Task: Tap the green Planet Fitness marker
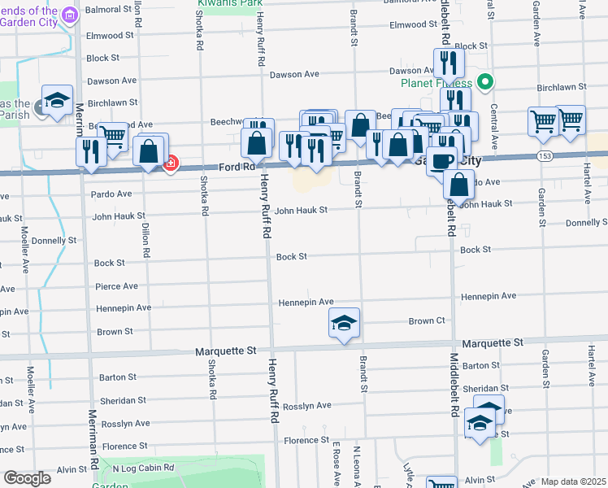tap(485, 81)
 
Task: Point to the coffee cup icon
tap(441, 159)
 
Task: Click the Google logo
tap(28, 477)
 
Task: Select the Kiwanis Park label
tap(223, 3)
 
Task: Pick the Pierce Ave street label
tap(116, 286)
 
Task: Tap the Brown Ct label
tap(427, 321)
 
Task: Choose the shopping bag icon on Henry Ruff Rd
tap(257, 142)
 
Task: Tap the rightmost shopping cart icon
tap(571, 120)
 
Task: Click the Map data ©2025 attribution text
tap(573, 482)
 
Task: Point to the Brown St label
tap(115, 332)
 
